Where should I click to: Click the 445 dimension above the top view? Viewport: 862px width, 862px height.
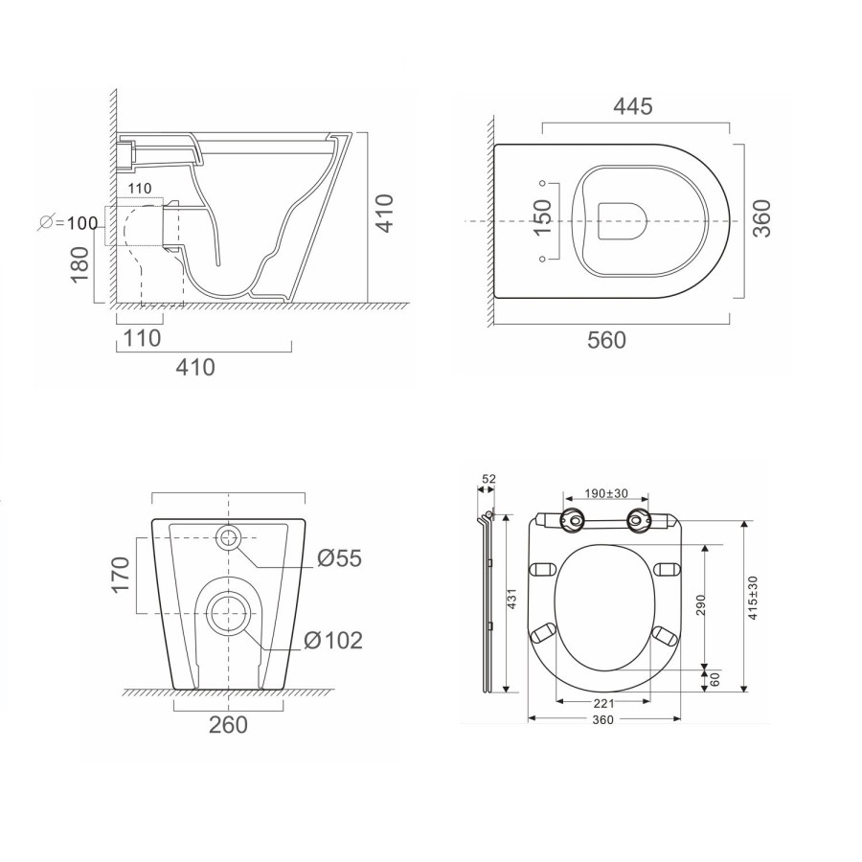[634, 106]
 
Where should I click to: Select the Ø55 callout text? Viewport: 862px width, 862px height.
[340, 558]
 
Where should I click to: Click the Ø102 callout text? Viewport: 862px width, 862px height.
[334, 640]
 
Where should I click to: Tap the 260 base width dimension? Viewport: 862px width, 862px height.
[228, 724]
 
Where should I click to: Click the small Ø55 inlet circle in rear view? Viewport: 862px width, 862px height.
[229, 536]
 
